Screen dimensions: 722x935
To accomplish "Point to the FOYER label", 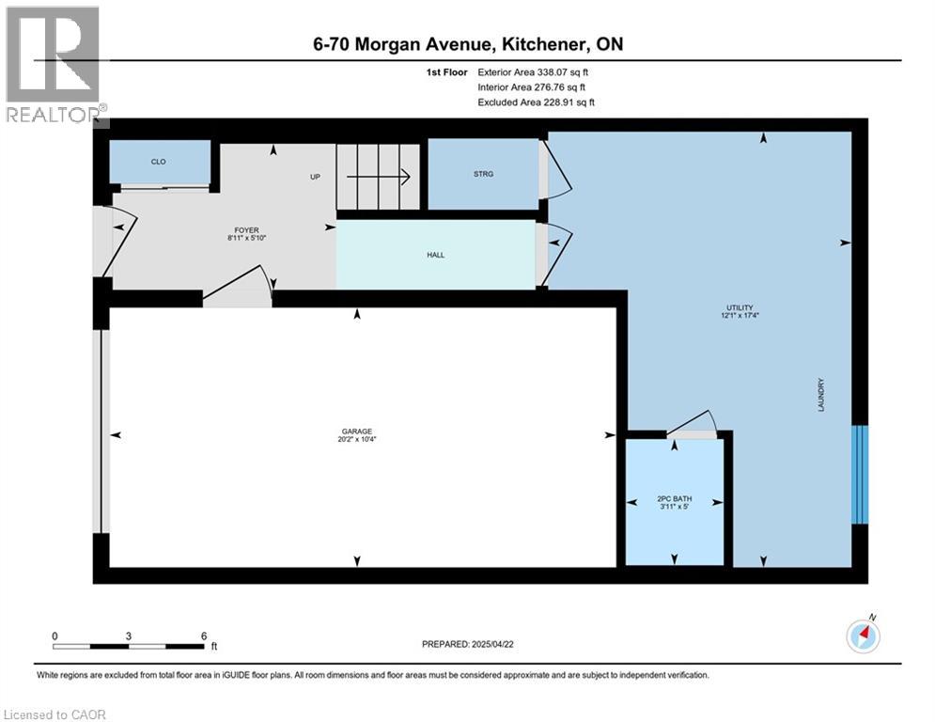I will tap(247, 230).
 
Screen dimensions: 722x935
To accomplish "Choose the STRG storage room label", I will tap(483, 174).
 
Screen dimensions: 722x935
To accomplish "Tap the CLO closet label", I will tap(159, 162).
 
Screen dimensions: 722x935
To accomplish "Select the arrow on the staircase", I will tap(379, 176).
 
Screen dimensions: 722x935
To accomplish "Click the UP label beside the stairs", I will tap(317, 176).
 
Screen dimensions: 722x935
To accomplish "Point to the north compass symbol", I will tap(863, 636).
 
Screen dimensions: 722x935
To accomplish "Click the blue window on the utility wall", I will tap(859, 475).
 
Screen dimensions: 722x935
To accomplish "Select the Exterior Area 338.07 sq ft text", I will tap(535, 71).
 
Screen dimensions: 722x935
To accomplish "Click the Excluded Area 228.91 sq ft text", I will tap(536, 102).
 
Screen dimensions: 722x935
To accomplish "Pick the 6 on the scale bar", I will tap(204, 636).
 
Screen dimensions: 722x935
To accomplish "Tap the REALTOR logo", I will tap(54, 66).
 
